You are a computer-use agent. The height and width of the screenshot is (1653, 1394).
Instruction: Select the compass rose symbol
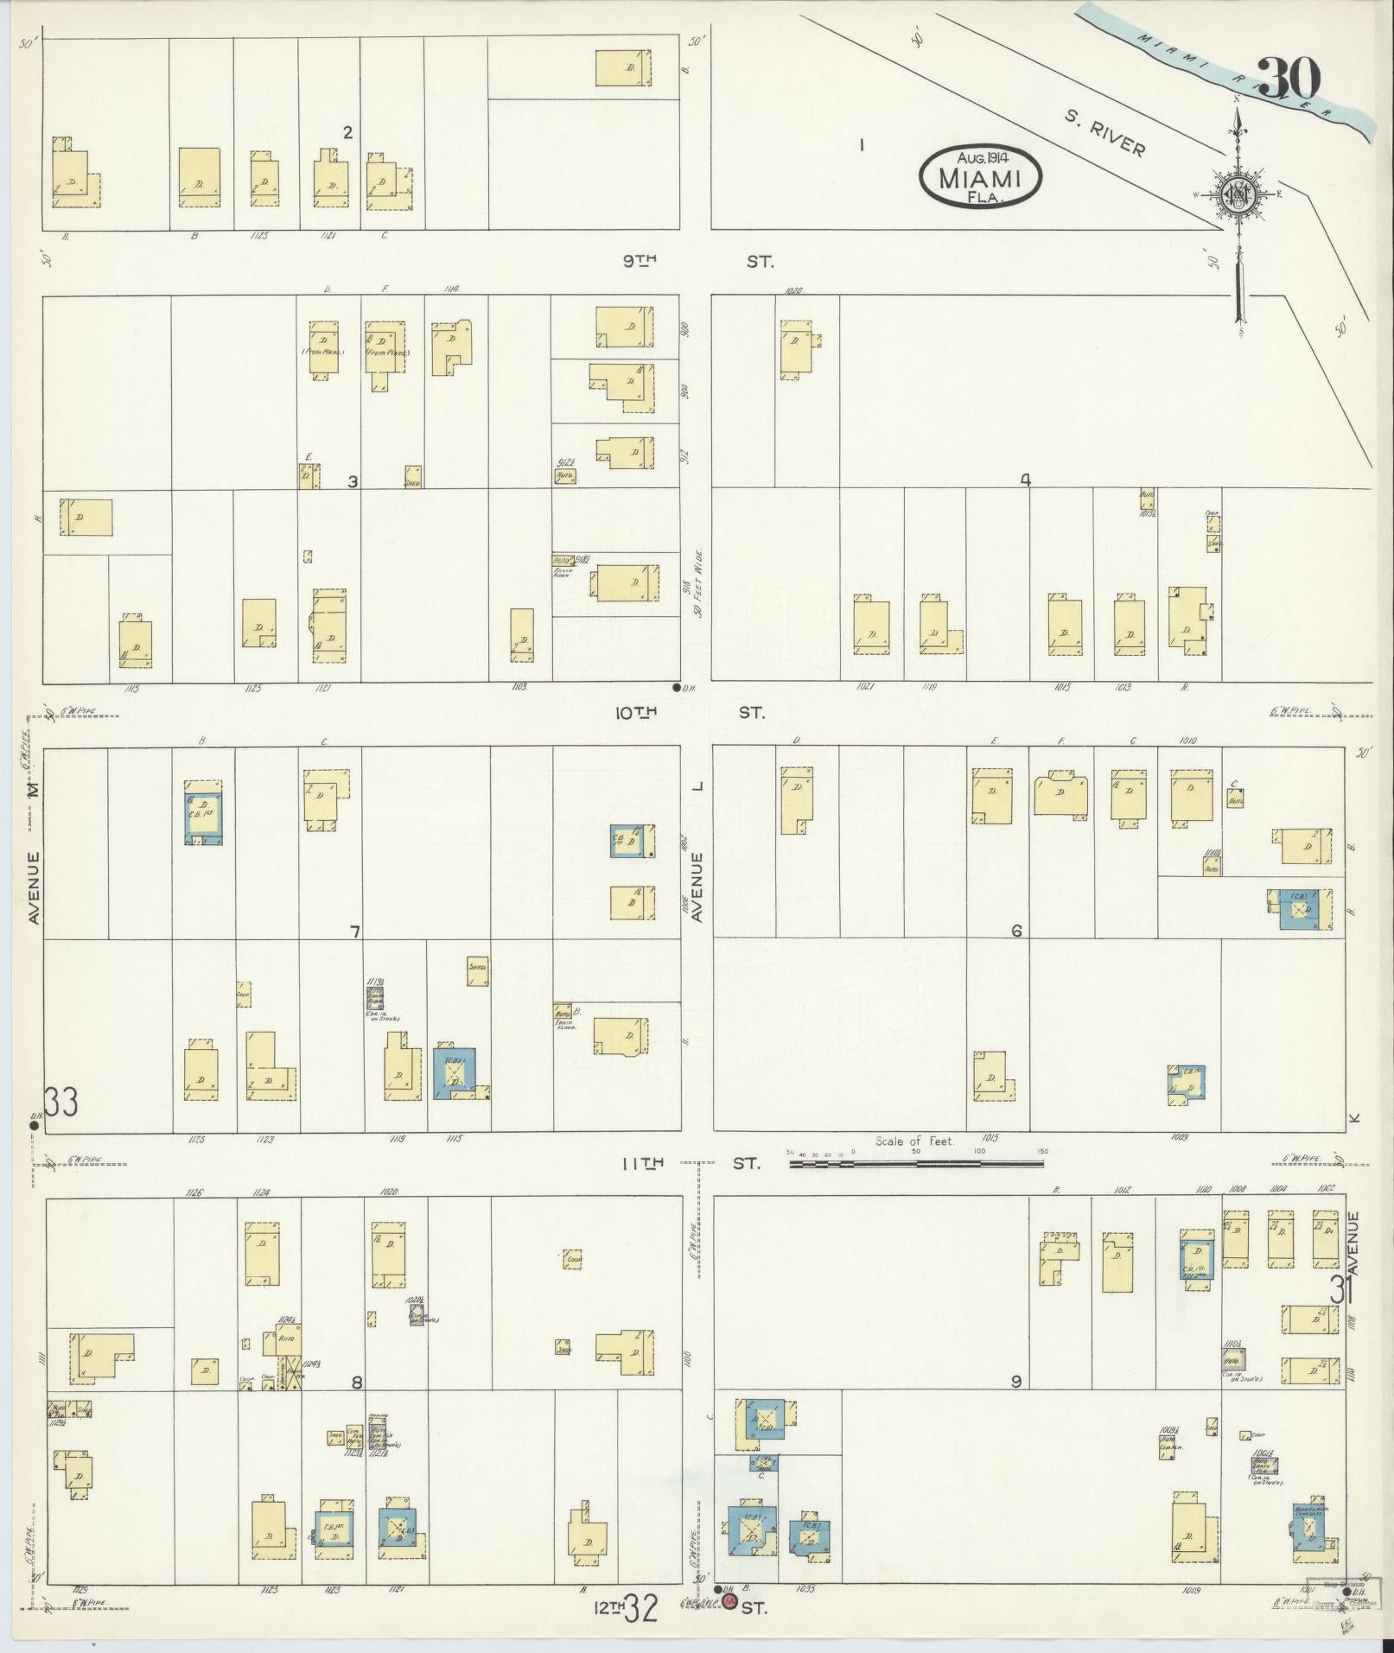click(x=1238, y=198)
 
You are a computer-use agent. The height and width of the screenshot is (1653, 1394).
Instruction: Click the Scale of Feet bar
click(x=916, y=1164)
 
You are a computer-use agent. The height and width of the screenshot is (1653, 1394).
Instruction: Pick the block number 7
click(x=354, y=931)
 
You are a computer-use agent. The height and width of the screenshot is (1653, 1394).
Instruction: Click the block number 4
click(x=1025, y=481)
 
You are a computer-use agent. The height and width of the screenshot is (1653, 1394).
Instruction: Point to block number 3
click(x=353, y=481)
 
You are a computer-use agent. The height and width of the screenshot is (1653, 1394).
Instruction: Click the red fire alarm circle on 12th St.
click(x=729, y=1602)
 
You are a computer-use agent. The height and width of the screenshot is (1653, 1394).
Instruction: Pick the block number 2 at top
click(x=347, y=132)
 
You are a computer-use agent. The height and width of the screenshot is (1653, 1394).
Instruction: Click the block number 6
click(x=1016, y=931)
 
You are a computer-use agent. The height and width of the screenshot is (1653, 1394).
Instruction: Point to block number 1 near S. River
click(x=862, y=144)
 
